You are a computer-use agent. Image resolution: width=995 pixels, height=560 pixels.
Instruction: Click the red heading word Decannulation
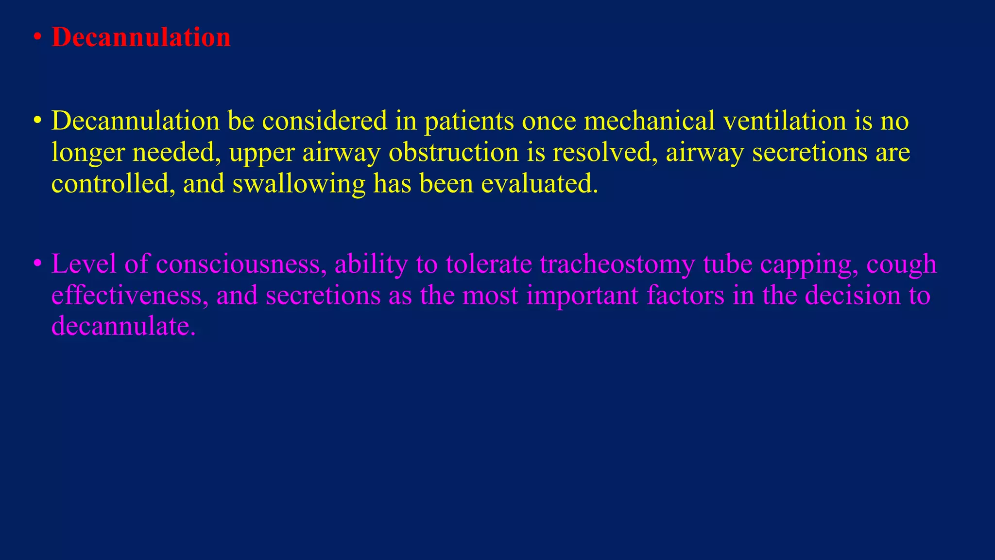point(141,37)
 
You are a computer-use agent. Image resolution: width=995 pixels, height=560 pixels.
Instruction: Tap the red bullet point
point(37,38)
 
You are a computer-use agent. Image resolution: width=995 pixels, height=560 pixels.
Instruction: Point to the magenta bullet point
point(37,264)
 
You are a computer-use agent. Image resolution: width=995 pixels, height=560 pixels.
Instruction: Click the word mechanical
point(649,121)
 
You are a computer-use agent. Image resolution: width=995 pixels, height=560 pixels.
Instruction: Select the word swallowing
point(298,184)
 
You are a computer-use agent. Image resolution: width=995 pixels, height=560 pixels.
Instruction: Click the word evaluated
point(539,184)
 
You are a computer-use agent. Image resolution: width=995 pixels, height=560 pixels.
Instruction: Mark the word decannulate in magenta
point(123,326)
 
